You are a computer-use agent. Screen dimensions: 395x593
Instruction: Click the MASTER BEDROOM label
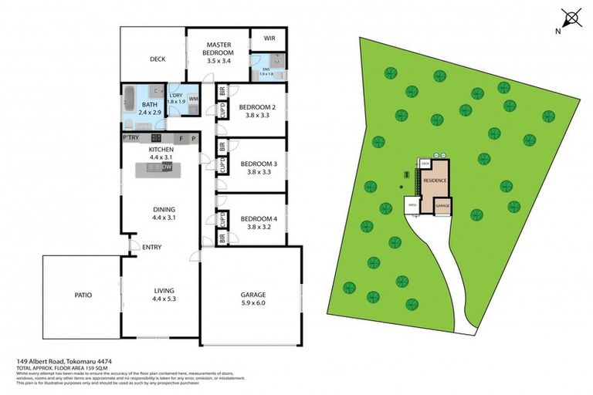click(217, 48)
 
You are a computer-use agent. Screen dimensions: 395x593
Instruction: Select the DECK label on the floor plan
click(158, 59)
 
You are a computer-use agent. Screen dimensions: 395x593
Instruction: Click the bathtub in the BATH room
click(130, 100)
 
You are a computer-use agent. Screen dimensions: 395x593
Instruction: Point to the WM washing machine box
click(193, 99)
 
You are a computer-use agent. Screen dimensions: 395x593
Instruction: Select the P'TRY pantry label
click(130, 137)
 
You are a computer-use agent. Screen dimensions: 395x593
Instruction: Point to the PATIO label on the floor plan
click(83, 294)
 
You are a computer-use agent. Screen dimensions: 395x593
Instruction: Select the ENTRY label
click(151, 247)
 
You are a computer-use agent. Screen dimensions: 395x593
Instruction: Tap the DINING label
click(164, 209)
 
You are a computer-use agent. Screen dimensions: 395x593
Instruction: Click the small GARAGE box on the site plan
click(442, 207)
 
